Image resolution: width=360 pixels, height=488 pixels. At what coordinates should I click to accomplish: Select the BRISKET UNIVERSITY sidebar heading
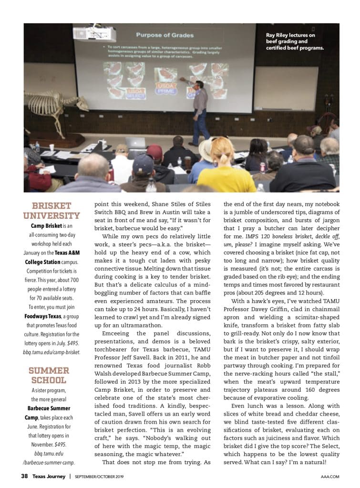51,211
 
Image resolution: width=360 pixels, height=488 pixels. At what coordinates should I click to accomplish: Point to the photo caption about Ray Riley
295,41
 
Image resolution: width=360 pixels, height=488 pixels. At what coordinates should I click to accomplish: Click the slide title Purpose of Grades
158,35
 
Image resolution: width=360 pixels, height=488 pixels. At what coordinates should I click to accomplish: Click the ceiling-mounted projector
94,34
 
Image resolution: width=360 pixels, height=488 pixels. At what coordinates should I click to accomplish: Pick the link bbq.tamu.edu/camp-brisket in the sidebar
51,352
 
